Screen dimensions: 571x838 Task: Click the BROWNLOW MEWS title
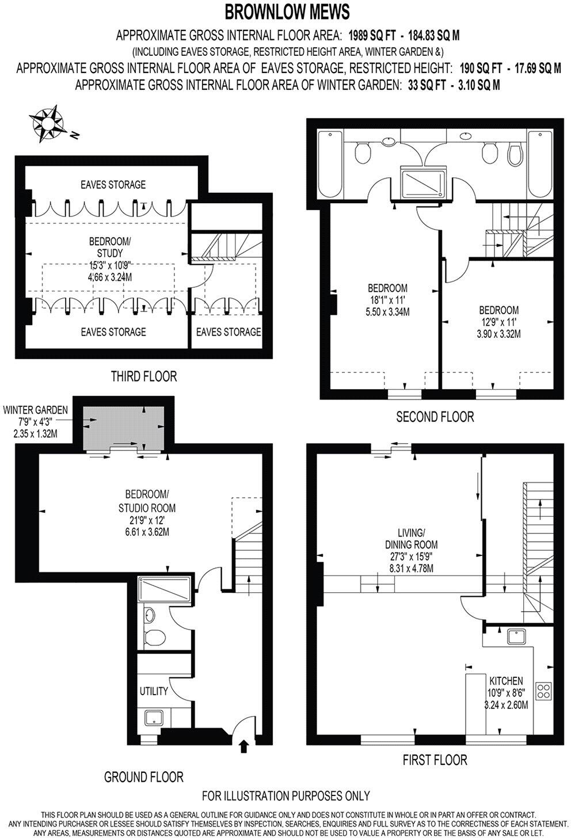[x=287, y=12]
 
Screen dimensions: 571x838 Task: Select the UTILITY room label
[x=154, y=691]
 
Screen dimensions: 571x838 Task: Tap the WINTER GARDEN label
[x=36, y=410]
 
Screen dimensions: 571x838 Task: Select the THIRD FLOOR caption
[x=144, y=376]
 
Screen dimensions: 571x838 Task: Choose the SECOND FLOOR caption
[x=435, y=416]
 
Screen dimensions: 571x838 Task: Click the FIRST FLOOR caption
[x=435, y=760]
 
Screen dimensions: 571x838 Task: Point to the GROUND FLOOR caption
[x=144, y=777]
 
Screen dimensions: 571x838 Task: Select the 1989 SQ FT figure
[x=372, y=36]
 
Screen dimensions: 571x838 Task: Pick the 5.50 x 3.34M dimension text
[x=387, y=311]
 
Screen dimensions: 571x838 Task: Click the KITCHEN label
[x=506, y=681]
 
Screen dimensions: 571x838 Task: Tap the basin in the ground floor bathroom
[x=150, y=615]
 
